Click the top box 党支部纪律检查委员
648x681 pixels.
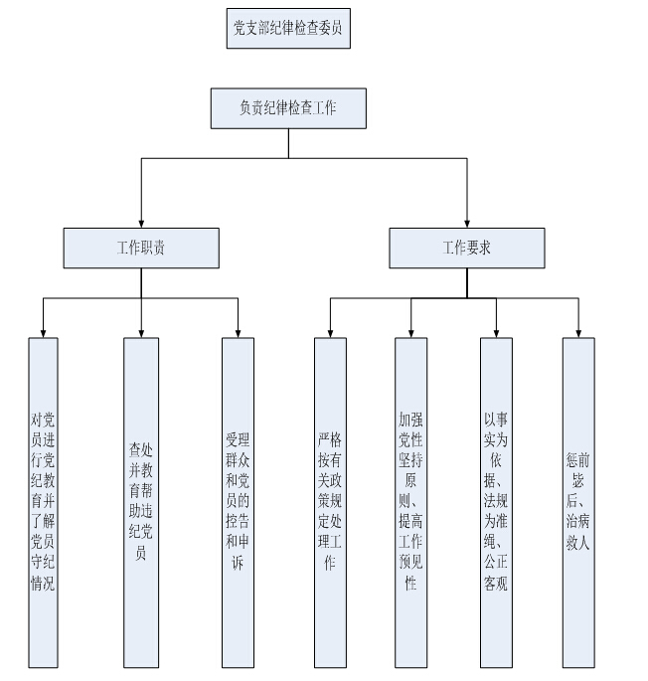click(288, 29)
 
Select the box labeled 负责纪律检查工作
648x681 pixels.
click(288, 108)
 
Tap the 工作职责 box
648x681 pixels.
click(141, 248)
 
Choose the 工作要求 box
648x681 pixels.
click(466, 248)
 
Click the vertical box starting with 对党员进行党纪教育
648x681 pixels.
click(43, 502)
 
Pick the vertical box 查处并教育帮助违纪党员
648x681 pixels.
click(141, 502)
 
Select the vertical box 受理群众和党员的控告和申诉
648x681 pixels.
click(239, 502)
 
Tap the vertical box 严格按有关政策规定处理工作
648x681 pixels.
click(330, 502)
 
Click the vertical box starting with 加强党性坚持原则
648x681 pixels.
click(410, 502)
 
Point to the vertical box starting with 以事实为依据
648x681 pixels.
click(496, 502)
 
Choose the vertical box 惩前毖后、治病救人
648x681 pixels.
click(578, 502)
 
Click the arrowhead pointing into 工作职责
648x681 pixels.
click(141, 223)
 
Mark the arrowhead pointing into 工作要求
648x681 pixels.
click(466, 223)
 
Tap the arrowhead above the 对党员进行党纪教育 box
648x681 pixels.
click(43, 332)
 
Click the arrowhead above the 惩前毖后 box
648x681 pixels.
click(578, 332)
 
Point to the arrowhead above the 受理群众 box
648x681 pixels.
click(239, 332)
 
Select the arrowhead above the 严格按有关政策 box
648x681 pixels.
click(330, 332)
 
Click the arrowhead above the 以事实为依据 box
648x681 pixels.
click(496, 332)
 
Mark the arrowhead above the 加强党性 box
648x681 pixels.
click(410, 332)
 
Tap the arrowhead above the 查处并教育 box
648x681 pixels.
click(141, 332)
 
